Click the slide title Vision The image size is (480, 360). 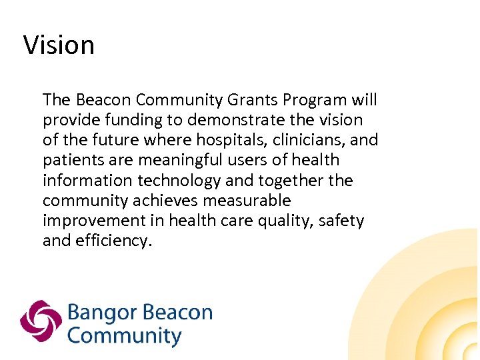pos(59,45)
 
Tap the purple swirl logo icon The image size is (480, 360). pos(41,321)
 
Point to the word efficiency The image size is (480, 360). pos(115,241)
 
